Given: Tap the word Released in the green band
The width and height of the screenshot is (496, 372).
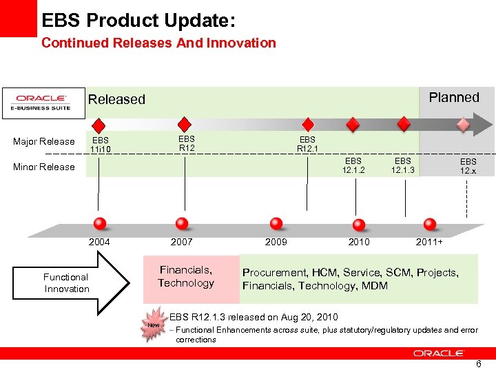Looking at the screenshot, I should (x=116, y=99).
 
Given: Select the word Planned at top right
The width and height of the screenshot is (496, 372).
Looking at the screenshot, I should (x=453, y=97).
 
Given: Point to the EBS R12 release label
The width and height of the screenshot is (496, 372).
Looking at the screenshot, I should (x=187, y=143).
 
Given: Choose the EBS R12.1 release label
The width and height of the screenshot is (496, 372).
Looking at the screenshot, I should (x=307, y=144).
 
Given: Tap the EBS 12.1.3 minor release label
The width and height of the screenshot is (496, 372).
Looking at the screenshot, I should (x=404, y=165).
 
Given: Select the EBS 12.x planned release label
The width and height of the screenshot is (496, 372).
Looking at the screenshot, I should (x=468, y=166).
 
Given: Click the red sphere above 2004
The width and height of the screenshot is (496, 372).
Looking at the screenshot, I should (x=100, y=223).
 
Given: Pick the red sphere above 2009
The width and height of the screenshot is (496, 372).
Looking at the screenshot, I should (x=276, y=223).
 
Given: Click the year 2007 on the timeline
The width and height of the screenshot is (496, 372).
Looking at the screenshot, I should (x=182, y=242).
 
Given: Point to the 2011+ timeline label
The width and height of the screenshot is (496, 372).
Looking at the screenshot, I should (x=429, y=242).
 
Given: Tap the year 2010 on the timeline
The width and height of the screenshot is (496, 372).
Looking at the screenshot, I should (x=358, y=242).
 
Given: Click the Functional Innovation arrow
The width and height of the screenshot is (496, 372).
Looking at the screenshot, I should (x=76, y=282).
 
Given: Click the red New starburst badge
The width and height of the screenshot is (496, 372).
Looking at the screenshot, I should (x=153, y=325).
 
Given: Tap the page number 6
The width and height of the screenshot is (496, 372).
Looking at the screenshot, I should (x=479, y=364).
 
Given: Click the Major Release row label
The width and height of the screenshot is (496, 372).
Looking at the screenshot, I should (x=44, y=142).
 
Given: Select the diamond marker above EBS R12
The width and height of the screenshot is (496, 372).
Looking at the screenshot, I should (x=185, y=124).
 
